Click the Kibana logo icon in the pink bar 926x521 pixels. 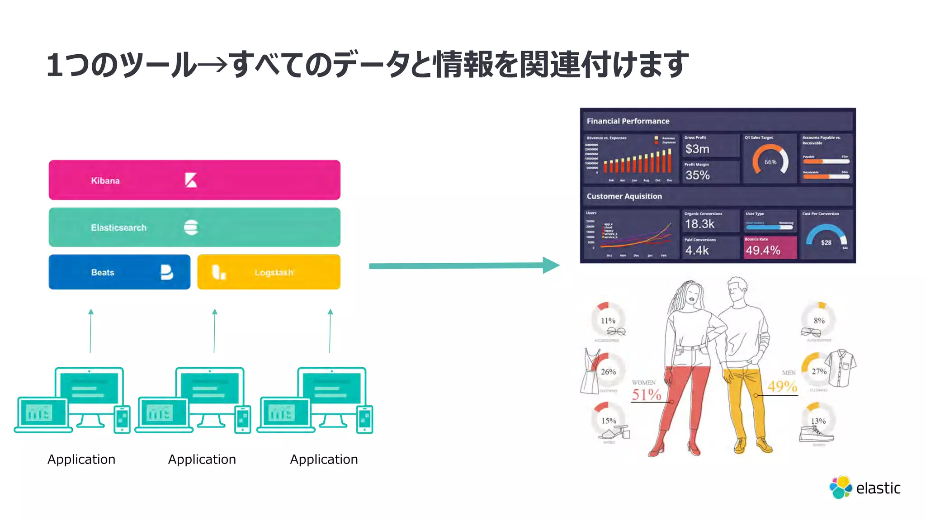pyautogui.click(x=191, y=180)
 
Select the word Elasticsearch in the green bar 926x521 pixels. pyautogui.click(x=118, y=227)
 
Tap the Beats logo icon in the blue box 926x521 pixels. pyautogui.click(x=166, y=272)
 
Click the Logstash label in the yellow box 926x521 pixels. pyautogui.click(x=274, y=272)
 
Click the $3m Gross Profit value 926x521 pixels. pyautogui.click(x=697, y=149)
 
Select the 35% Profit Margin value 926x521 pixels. pyautogui.click(x=697, y=175)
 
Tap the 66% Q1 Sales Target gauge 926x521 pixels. pyautogui.click(x=770, y=161)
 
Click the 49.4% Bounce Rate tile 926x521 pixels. pyautogui.click(x=770, y=248)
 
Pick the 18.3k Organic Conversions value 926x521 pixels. pyautogui.click(x=699, y=224)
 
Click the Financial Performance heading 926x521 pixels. pyautogui.click(x=628, y=121)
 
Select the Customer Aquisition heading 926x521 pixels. pyautogui.click(x=624, y=196)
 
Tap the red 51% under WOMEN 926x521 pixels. pyautogui.click(x=646, y=394)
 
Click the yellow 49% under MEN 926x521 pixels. pyautogui.click(x=782, y=386)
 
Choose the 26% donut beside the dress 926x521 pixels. pyautogui.click(x=608, y=371)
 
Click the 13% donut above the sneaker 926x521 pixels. pyautogui.click(x=818, y=421)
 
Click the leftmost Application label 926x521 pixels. pyautogui.click(x=81, y=459)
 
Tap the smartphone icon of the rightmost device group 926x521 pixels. pyautogui.click(x=364, y=419)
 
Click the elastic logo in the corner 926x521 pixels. pyautogui.click(x=865, y=488)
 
